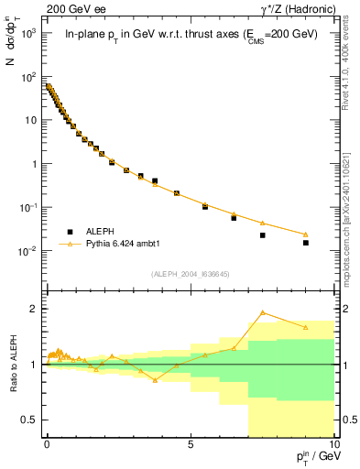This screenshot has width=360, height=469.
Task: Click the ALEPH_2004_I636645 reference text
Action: click(189, 274)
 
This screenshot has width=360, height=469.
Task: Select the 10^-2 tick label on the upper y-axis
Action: click(29, 251)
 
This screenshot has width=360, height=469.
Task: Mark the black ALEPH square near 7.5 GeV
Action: click(262, 235)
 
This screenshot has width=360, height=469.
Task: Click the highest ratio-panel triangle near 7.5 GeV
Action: click(262, 312)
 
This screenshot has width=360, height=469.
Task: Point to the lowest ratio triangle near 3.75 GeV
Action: click(155, 379)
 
